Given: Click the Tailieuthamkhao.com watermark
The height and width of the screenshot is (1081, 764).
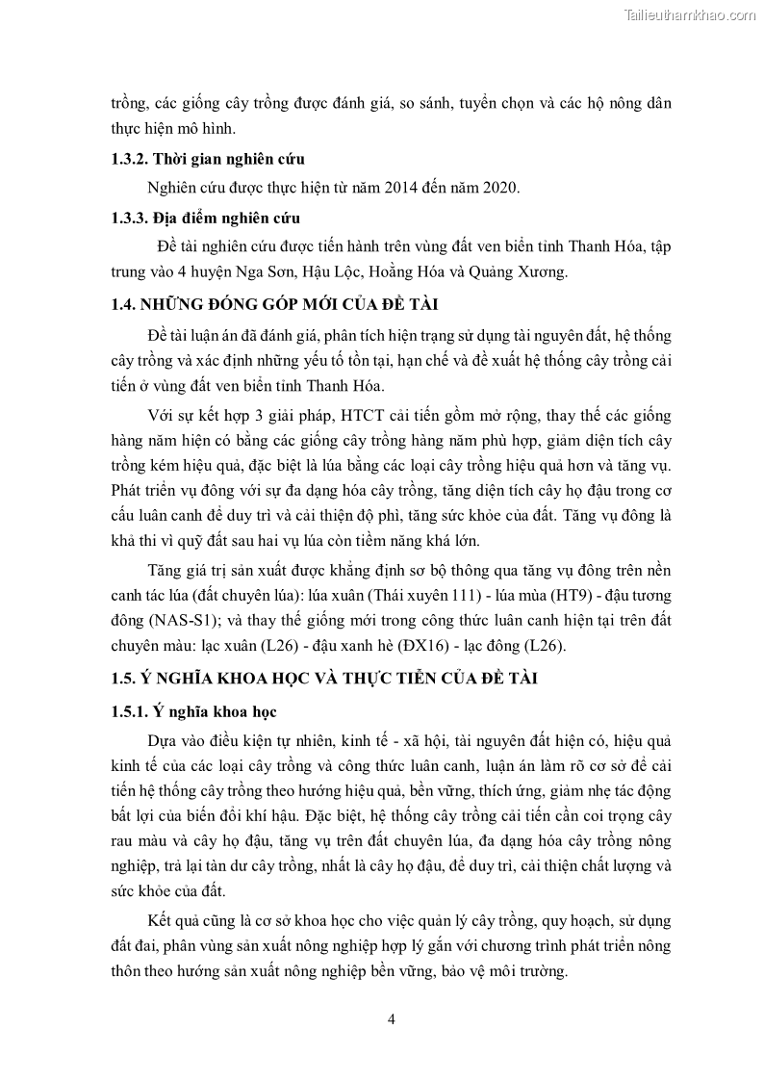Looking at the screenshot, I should click(690, 14).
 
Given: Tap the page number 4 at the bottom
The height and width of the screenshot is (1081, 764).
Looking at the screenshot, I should click(391, 1019).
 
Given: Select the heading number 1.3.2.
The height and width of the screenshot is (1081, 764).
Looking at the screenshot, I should click(128, 159).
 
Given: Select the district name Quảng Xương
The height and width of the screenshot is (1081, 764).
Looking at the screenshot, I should click(528, 271).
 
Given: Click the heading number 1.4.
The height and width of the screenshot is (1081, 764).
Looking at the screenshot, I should click(122, 305).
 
